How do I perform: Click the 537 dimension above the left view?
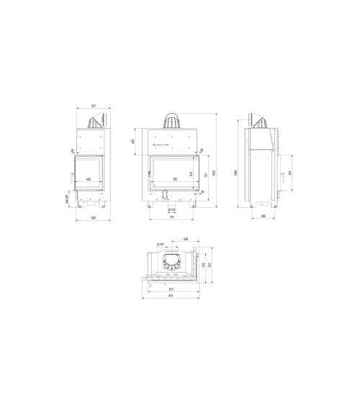[93, 106]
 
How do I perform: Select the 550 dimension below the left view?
[93, 219]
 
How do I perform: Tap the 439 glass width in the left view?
[89, 179]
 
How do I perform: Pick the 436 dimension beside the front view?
[134, 141]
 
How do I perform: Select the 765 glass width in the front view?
[174, 179]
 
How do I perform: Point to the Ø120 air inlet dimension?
[172, 210]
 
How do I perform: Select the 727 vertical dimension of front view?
[206, 175]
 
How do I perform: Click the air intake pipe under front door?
[166, 193]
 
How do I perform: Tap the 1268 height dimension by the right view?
[235, 171]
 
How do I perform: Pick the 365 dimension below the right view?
[264, 215]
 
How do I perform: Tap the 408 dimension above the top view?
[186, 239]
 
